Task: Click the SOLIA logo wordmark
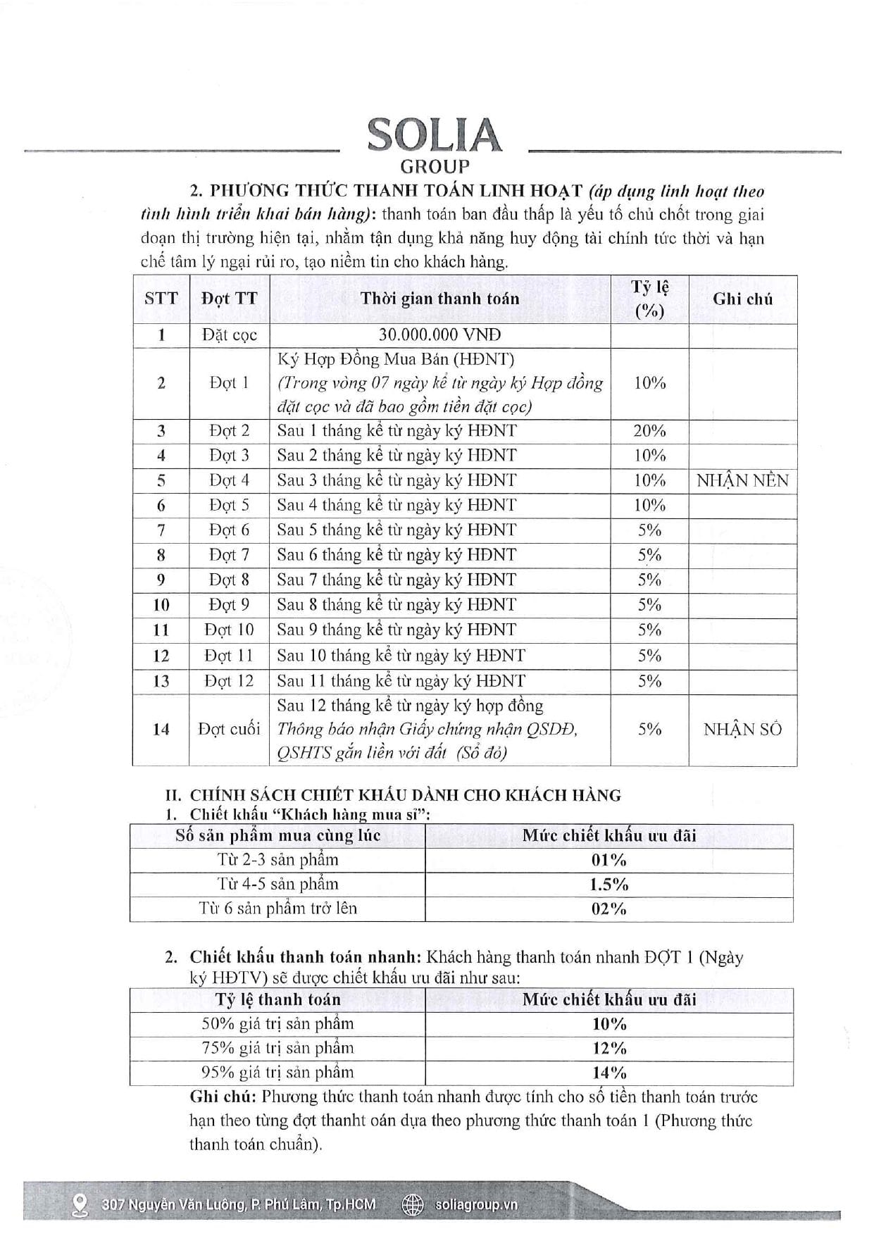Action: [434, 135]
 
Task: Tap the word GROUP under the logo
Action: [435, 167]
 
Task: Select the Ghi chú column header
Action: [742, 299]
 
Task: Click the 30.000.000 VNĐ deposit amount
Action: [439, 335]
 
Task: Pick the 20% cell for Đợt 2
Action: [649, 431]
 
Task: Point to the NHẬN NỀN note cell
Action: [742, 481]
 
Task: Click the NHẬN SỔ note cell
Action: [742, 730]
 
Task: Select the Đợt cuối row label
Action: [229, 730]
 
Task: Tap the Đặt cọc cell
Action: [229, 335]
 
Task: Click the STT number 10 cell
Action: [161, 605]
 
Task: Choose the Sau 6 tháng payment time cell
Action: [397, 555]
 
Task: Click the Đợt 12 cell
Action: [229, 681]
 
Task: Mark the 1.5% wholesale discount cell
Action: [608, 885]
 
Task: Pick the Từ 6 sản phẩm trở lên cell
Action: [277, 909]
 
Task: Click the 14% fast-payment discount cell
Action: [608, 1073]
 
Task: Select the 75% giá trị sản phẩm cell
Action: [277, 1048]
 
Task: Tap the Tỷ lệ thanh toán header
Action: [277, 999]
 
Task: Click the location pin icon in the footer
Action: [80, 1205]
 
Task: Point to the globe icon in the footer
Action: [412, 1205]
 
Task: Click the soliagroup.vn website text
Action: [476, 1205]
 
